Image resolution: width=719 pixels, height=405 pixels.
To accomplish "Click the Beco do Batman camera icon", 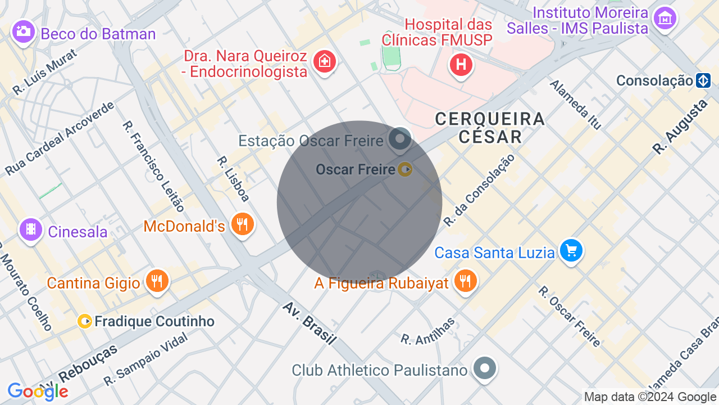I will click(24, 31).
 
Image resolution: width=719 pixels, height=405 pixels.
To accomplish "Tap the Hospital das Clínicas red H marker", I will click(461, 65).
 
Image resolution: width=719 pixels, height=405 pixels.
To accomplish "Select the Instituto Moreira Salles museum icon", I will click(665, 19).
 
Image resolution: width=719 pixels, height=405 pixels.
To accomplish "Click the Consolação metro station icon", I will click(703, 80).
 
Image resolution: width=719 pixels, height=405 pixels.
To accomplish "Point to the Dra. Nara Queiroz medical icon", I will click(324, 60).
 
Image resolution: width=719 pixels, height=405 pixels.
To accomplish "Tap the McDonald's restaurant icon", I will click(243, 224).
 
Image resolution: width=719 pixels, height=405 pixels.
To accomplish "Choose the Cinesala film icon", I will click(31, 229).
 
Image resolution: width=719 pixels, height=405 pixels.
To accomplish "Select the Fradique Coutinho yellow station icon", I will click(85, 321).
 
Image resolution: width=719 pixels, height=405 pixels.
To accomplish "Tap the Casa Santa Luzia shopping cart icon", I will click(571, 250).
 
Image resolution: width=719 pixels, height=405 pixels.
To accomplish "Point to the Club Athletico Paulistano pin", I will click(484, 368).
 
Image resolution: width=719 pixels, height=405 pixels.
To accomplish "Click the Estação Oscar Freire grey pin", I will click(400, 138).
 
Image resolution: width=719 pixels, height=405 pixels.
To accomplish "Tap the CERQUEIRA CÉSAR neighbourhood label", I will click(490, 127).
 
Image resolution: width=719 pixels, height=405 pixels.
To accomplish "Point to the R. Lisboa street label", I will click(233, 178).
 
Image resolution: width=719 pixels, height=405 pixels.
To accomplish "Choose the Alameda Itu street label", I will click(575, 104).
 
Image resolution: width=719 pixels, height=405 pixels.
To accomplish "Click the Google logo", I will click(38, 391).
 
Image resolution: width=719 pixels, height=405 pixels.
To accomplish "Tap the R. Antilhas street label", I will click(428, 330).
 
